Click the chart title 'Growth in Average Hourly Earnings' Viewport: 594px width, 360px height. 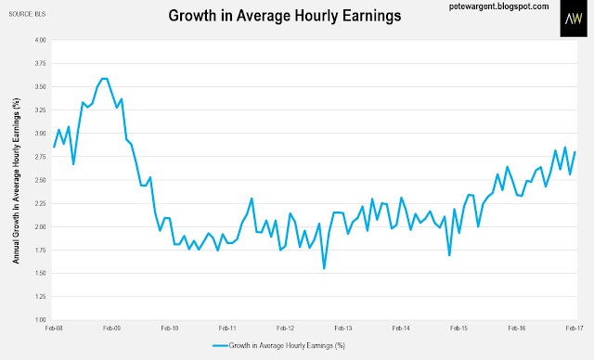pos(285,16)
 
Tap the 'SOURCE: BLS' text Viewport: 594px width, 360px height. pos(27,14)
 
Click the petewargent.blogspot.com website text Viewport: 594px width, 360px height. pos(499,6)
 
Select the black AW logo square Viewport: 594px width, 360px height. pos(574,19)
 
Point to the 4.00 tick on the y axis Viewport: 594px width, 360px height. pos(40,40)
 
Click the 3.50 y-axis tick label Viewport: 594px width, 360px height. pos(40,86)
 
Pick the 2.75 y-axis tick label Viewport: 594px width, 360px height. pos(40,157)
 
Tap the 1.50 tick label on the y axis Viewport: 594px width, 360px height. pos(40,274)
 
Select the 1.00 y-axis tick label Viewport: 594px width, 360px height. pos(40,320)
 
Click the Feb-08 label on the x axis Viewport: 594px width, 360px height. pos(54,328)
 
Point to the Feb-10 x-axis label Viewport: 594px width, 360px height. pos(170,328)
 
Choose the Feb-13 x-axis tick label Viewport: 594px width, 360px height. pos(343,328)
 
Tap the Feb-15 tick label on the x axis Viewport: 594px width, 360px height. pos(458,328)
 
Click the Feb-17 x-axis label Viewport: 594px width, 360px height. pos(575,328)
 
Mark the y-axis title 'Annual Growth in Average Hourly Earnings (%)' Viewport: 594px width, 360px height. pos(16,181)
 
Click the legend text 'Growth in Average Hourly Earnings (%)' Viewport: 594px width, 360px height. pos(287,345)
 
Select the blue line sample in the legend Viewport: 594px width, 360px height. pos(220,345)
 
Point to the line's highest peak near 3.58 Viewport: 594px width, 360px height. pos(105,78)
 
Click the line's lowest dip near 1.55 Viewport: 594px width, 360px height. pos(324,269)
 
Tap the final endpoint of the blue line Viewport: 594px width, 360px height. pos(575,152)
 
